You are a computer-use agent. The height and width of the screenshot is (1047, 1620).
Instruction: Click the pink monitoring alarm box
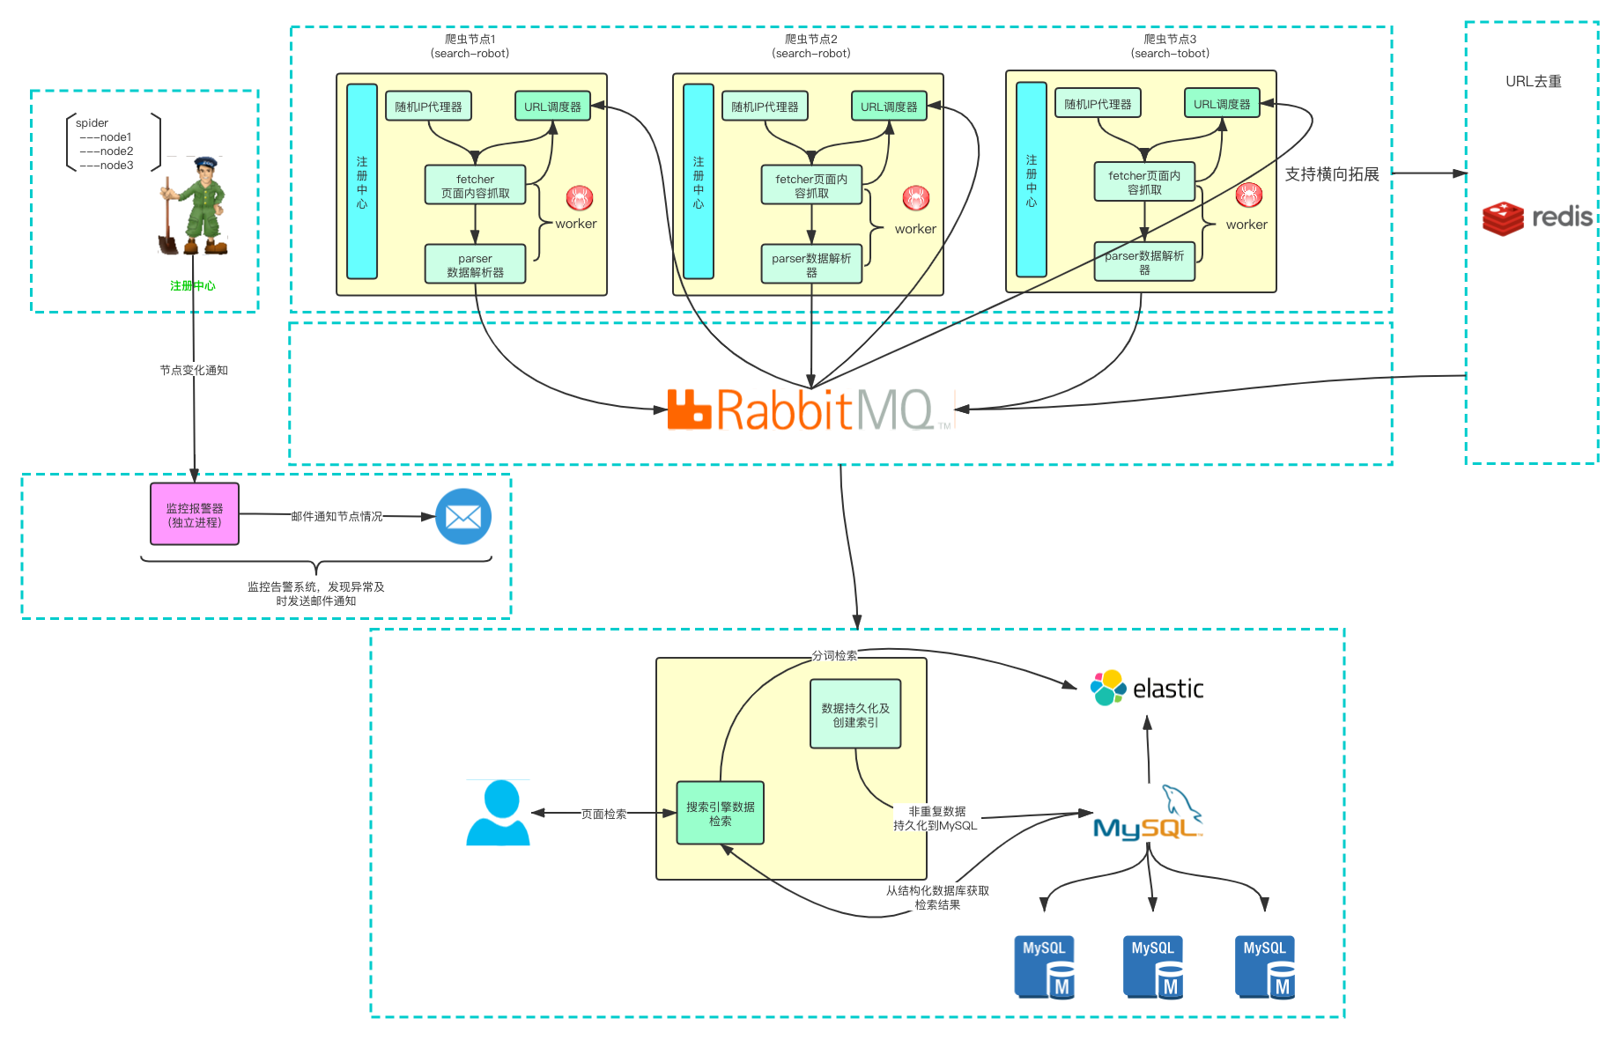click(195, 514)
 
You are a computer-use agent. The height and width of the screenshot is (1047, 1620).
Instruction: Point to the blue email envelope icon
click(463, 516)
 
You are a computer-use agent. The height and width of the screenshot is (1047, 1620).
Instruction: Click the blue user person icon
click(498, 813)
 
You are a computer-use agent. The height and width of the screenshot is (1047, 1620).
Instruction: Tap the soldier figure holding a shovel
click(195, 208)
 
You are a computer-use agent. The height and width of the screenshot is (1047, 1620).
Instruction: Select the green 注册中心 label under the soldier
click(193, 285)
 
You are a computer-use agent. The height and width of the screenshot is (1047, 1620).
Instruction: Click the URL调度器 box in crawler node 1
click(552, 107)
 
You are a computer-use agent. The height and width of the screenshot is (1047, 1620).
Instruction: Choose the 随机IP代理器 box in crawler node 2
click(765, 107)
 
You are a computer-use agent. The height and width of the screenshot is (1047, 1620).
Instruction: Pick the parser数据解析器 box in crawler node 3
click(1144, 262)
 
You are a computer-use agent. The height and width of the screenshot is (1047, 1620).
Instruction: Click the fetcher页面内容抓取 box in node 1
click(476, 186)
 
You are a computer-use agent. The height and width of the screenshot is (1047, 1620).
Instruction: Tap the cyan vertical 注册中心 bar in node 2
click(699, 181)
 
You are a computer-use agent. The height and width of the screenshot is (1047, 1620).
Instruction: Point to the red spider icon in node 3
click(1249, 194)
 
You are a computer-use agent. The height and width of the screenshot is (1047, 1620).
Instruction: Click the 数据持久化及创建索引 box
click(855, 714)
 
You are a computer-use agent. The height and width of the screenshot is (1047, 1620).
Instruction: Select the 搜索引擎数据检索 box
click(720, 813)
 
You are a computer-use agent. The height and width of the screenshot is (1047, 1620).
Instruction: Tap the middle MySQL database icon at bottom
click(1153, 967)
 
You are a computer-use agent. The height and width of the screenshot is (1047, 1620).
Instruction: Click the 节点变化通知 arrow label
click(194, 370)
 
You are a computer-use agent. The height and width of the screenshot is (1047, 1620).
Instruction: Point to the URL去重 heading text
click(1533, 81)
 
